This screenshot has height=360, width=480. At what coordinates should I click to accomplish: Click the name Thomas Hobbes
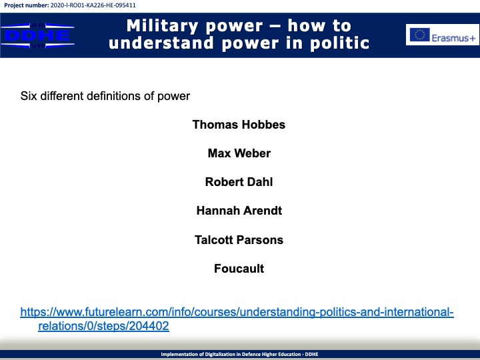coord(239,125)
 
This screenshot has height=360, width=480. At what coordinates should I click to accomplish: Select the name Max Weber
coord(239,153)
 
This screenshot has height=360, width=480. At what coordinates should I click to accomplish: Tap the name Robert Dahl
coord(239,182)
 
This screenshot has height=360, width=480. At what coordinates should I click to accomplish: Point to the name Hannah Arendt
coord(239,211)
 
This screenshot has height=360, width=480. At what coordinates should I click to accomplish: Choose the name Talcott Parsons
coord(239,240)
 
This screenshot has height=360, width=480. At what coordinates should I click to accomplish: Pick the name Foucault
coord(239,269)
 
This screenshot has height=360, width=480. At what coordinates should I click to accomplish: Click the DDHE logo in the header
coord(37,35)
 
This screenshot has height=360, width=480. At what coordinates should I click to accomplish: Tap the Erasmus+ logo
coord(443,35)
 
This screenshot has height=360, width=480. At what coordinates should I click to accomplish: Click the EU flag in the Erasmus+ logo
coord(420,34)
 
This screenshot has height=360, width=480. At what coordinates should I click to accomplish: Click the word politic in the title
coord(340,43)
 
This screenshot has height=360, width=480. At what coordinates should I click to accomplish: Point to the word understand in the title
coord(161,43)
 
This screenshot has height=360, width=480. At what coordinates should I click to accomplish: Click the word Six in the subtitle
coord(29,96)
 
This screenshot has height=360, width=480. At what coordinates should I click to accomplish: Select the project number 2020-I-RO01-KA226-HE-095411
coord(93,5)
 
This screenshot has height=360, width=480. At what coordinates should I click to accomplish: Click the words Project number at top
coord(26,5)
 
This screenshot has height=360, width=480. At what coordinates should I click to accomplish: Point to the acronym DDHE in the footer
coord(311,354)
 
